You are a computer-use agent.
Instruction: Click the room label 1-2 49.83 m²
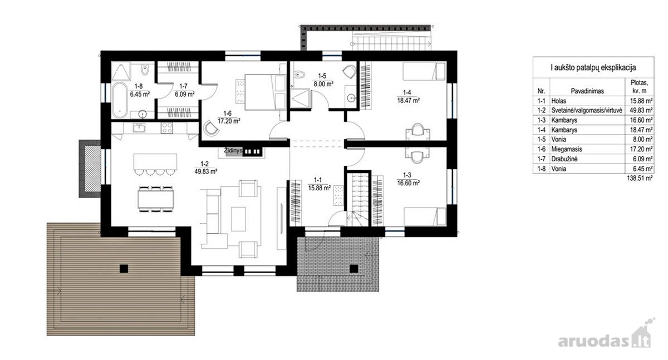[205, 168]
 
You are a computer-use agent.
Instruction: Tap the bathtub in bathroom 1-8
[120, 100]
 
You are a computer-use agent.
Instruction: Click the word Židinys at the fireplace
[233, 151]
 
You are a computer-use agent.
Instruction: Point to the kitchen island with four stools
[155, 164]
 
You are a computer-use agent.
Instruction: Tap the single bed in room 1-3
[425, 216]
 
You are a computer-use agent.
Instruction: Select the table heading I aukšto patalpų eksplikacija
[593, 68]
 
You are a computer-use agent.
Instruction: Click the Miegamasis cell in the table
[567, 149]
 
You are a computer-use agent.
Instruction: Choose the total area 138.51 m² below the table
[640, 178]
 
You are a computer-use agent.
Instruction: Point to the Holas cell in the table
[558, 101]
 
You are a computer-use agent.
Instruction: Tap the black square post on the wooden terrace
[124, 269]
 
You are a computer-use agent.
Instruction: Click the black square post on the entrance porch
[353, 269]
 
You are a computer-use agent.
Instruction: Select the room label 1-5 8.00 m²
[323, 81]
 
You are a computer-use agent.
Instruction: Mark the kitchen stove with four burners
[166, 128]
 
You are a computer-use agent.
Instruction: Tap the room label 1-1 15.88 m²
[319, 184]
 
